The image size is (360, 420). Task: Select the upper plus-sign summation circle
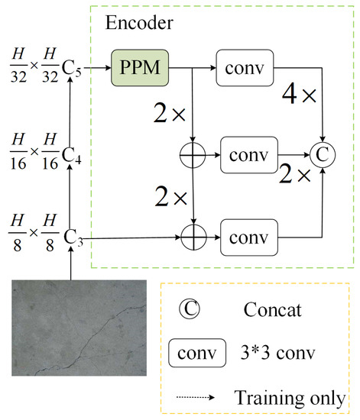coord(193,155)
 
